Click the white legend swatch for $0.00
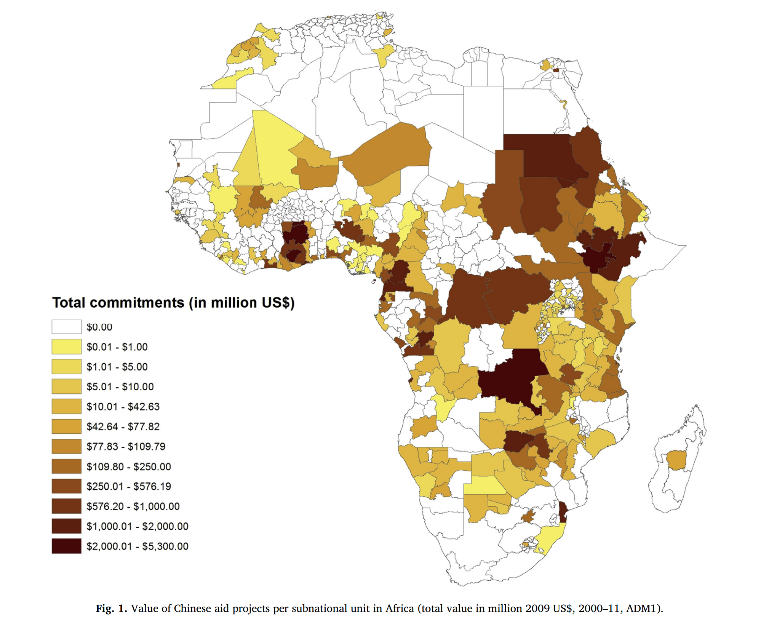coord(66,327)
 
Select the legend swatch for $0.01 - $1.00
coord(66,347)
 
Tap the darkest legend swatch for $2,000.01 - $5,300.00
coord(66,546)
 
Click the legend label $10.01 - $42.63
coord(123,407)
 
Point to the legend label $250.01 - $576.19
coord(128,486)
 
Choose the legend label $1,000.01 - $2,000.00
coord(137,526)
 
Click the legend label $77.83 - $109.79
coord(126,446)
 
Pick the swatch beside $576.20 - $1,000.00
coord(66,506)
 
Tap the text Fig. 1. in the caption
coord(111,609)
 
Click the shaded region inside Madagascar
coord(676,460)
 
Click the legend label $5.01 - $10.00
coord(120,387)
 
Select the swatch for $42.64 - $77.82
coord(66,427)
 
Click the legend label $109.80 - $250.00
coord(128,466)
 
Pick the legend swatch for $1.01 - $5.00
coord(66,366)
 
